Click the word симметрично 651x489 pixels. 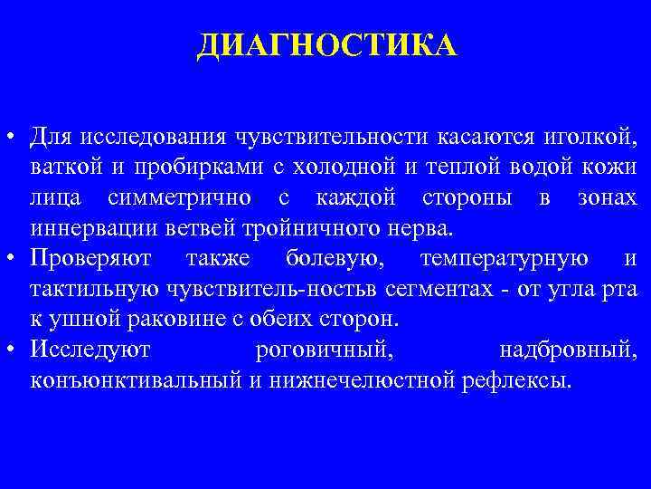click(x=192, y=197)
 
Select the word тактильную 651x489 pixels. click(x=82, y=289)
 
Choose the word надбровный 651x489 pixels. click(x=568, y=350)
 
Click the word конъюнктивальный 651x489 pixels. click(x=133, y=380)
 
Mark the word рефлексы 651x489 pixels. click(x=516, y=380)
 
